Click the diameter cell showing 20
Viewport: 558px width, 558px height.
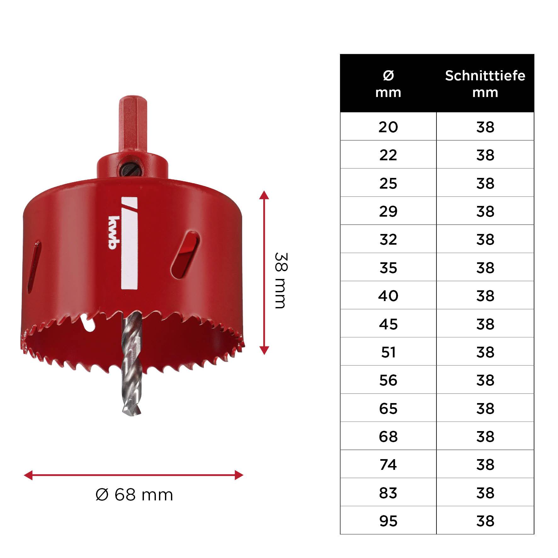click(x=388, y=127)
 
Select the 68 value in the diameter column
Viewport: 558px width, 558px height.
click(x=388, y=436)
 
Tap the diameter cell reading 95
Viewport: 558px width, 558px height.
click(x=388, y=521)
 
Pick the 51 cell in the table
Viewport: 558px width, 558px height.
click(x=388, y=352)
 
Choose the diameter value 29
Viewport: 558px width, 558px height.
click(x=388, y=211)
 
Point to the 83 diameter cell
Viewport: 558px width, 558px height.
click(x=388, y=493)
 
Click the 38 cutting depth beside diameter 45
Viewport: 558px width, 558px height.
click(x=485, y=324)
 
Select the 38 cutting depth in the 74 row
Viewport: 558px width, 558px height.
click(x=485, y=464)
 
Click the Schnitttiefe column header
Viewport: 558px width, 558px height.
click(x=485, y=84)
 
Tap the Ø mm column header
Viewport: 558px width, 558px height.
click(x=388, y=84)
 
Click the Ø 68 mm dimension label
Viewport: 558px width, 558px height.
click(x=134, y=495)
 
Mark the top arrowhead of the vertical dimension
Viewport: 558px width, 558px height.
click(x=264, y=195)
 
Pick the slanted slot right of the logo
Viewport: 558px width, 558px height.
click(x=185, y=255)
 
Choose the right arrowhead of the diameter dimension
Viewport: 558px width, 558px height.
click(x=239, y=475)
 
